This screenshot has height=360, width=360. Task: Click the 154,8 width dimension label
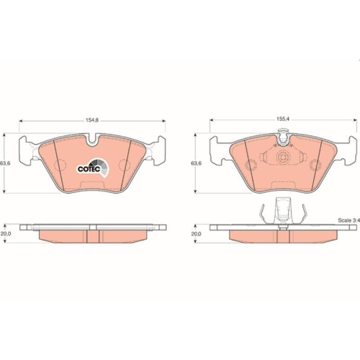tap(92, 120)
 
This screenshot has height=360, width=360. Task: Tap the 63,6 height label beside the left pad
tap(3, 163)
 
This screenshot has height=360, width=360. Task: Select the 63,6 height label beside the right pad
tap(196, 163)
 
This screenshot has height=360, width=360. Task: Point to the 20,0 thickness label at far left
tap(5, 233)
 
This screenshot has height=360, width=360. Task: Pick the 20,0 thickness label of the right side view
tap(196, 233)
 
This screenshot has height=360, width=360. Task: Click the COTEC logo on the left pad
tap(93, 168)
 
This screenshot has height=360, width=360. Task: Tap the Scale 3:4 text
tap(349, 220)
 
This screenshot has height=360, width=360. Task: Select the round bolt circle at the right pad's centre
tap(282, 157)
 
